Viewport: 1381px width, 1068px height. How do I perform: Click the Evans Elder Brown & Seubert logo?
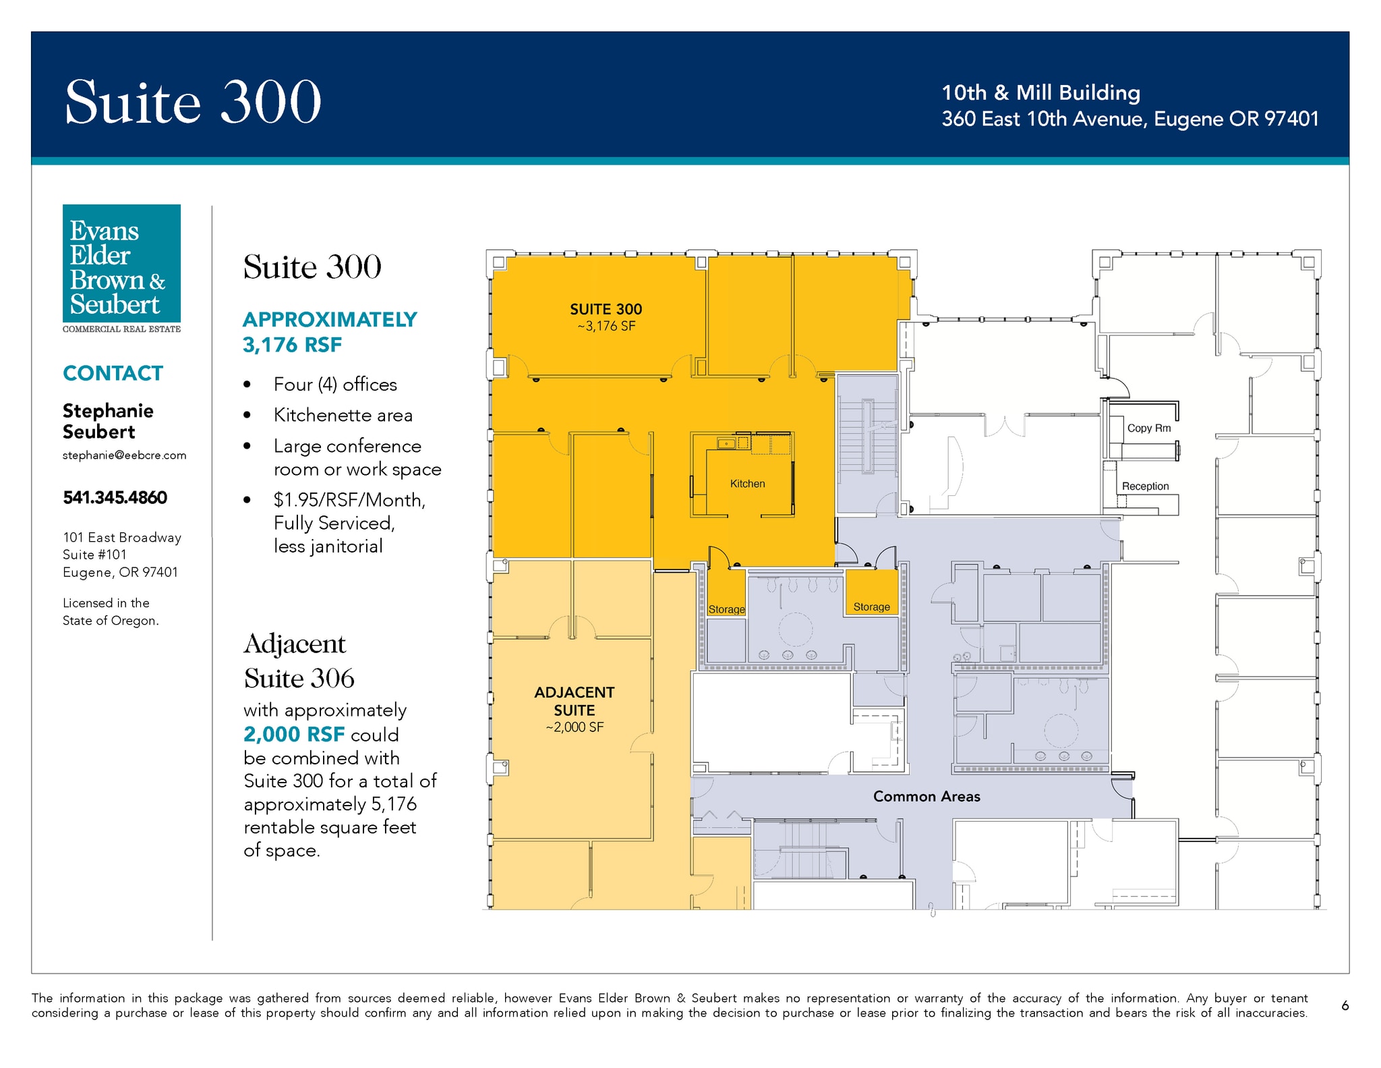point(121,269)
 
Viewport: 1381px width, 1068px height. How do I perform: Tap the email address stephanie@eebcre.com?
point(124,455)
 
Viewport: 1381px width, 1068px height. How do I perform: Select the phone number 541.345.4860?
point(115,497)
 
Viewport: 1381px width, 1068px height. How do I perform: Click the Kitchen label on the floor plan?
point(747,484)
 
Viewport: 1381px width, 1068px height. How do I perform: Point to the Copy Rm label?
point(1149,428)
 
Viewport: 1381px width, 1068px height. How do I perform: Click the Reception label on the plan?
point(1145,486)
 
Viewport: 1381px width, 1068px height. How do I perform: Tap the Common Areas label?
point(927,796)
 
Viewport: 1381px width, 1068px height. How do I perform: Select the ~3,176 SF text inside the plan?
point(606,326)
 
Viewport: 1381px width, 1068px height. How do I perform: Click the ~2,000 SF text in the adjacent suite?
point(575,727)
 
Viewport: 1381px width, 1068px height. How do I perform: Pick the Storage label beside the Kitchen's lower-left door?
point(726,609)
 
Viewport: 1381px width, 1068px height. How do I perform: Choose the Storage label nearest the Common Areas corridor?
point(871,607)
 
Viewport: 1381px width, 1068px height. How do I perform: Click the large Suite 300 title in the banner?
point(193,101)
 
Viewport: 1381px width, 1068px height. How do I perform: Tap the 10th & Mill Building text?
point(1040,92)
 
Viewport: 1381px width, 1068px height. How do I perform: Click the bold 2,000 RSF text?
point(294,734)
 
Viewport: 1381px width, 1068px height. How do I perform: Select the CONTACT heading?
point(113,373)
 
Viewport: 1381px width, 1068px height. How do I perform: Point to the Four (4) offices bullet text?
point(335,384)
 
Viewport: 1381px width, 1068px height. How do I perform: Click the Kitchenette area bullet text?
point(343,415)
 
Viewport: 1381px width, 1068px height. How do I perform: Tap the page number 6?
point(1345,1005)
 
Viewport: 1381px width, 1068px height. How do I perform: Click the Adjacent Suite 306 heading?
point(299,661)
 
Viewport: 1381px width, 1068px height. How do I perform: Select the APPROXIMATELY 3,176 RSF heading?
point(330,332)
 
